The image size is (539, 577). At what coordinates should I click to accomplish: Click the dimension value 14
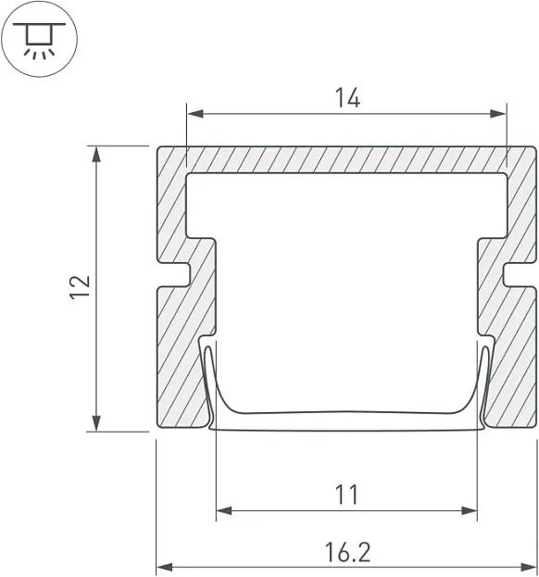(347, 97)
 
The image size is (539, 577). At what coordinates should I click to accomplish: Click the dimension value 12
(80, 287)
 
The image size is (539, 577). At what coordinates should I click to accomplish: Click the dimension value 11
(346, 495)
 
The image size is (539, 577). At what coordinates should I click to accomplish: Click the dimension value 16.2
(347, 552)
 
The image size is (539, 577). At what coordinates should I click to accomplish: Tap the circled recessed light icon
(40, 39)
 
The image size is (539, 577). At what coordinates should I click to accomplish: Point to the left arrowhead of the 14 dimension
(195, 113)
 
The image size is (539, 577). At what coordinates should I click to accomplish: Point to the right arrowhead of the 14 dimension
(498, 113)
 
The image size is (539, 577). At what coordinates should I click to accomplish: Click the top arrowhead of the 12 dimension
(96, 154)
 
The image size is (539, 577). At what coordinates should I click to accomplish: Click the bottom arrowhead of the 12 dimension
(96, 423)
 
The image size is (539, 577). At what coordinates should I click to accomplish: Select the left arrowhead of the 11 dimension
(224, 510)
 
